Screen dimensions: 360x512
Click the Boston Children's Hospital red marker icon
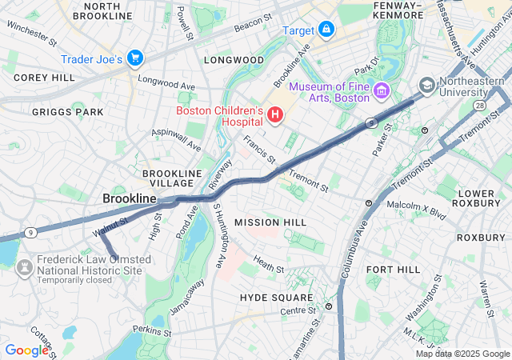point(275,116)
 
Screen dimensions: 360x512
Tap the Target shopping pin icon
point(326,30)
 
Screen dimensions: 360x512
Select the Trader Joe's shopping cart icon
point(134,58)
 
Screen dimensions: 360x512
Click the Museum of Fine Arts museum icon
point(381,92)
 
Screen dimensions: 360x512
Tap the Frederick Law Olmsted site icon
point(24,265)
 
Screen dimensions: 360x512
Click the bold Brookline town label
point(129,198)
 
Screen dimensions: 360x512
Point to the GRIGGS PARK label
point(68,112)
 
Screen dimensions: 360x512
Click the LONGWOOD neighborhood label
point(234,60)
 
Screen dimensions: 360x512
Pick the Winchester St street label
point(32,31)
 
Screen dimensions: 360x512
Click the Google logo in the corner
point(26,350)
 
